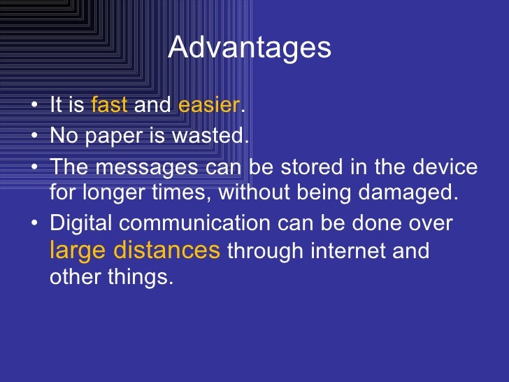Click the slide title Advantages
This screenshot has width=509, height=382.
(x=250, y=48)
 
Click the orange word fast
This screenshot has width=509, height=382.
(x=109, y=106)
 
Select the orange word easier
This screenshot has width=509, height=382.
(x=209, y=106)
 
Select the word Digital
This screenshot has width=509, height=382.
(x=82, y=224)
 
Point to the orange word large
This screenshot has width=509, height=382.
(x=76, y=250)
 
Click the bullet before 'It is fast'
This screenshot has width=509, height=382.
(x=35, y=106)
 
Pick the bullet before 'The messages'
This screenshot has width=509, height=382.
(x=35, y=169)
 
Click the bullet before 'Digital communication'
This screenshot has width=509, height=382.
(x=35, y=224)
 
